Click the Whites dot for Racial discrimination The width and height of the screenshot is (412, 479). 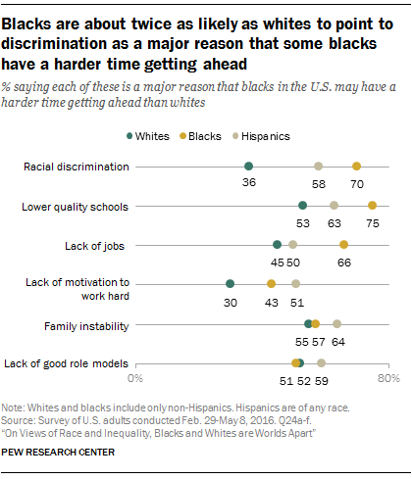(248, 167)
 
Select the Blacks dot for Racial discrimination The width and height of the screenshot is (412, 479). (356, 167)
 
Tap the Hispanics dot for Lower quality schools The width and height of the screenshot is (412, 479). (335, 206)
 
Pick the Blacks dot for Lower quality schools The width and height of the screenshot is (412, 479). (372, 206)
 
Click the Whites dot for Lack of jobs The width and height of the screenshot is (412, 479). (278, 245)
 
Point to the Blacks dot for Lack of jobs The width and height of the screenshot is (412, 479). (343, 245)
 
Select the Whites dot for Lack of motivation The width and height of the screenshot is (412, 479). (230, 284)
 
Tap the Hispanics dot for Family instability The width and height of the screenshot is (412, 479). (336, 323)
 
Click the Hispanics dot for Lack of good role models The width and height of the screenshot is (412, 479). (321, 362)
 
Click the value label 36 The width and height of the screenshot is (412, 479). (249, 183)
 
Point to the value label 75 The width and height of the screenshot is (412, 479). (372, 222)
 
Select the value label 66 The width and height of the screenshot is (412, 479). (344, 262)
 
